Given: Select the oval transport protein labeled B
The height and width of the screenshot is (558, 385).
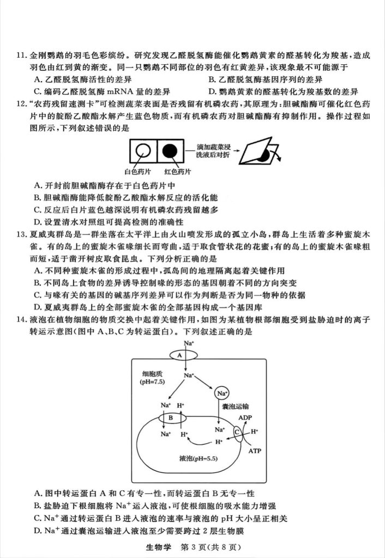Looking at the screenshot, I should point(170,418).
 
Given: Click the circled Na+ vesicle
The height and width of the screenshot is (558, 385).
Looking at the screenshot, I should point(222,393).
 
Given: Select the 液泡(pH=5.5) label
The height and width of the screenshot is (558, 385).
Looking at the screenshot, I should point(198,459).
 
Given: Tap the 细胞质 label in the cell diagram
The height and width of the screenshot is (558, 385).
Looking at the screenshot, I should point(153,373).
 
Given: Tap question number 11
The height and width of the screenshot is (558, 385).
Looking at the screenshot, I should point(22,54).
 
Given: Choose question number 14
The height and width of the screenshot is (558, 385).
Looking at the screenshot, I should point(22,318).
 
